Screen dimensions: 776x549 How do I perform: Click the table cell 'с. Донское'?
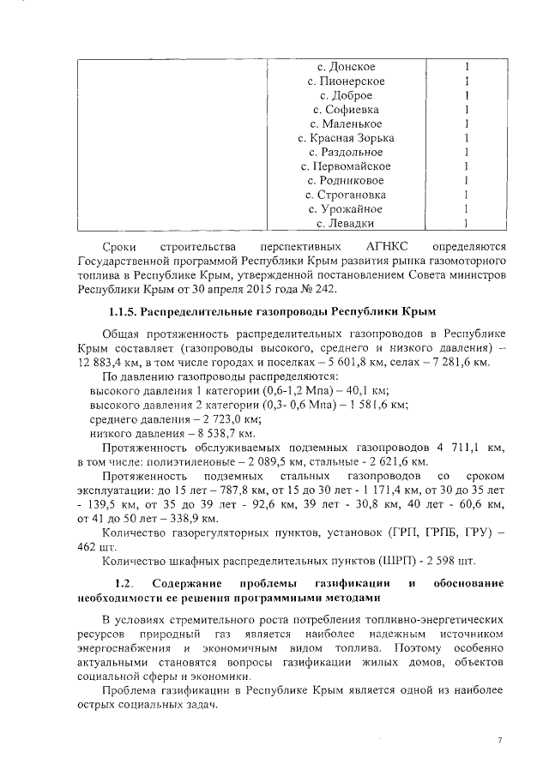[346, 67]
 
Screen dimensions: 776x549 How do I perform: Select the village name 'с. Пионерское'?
[346, 81]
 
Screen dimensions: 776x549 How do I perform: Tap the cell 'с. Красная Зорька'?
[346, 138]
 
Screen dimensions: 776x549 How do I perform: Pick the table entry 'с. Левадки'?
[346, 224]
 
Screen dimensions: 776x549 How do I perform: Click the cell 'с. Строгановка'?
[346, 195]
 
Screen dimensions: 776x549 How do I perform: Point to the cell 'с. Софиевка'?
[346, 110]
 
